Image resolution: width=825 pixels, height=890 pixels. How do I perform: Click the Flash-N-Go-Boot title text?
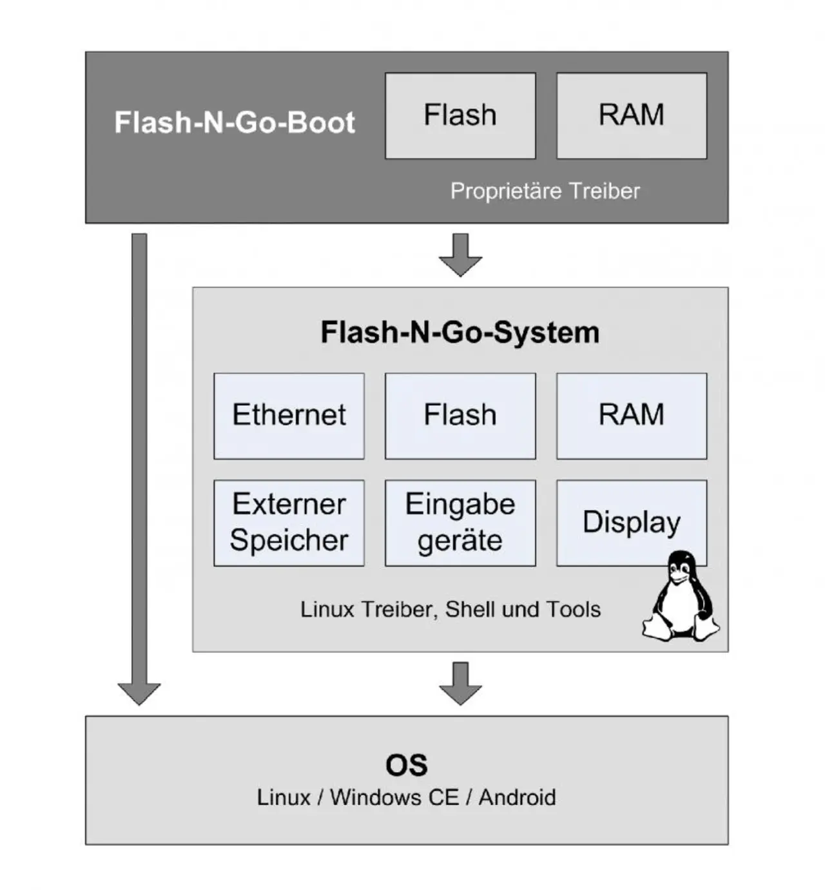(x=234, y=122)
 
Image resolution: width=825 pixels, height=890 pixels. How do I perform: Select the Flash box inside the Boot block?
(x=460, y=115)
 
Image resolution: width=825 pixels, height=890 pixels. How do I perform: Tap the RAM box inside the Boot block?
(x=631, y=115)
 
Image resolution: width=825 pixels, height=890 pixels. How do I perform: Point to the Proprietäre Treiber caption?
(x=545, y=191)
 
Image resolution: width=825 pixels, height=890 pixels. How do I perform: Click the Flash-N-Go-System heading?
(x=460, y=333)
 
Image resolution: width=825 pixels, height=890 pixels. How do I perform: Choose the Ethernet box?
(x=289, y=416)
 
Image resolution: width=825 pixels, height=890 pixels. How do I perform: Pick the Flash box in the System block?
(x=460, y=416)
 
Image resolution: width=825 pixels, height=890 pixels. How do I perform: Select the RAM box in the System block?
(x=631, y=416)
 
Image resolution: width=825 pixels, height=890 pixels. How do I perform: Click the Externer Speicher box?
(x=289, y=523)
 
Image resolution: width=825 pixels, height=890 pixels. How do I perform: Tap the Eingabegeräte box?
(x=460, y=523)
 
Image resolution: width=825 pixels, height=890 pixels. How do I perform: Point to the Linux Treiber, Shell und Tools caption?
(x=450, y=609)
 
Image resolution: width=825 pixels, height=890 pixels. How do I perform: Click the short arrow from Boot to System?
(x=460, y=255)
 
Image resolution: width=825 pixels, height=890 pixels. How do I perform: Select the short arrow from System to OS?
(x=460, y=683)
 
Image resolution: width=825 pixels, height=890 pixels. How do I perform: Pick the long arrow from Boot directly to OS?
(x=139, y=464)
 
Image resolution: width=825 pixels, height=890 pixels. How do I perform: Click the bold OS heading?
(x=406, y=765)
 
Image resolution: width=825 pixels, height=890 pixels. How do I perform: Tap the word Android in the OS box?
(x=517, y=797)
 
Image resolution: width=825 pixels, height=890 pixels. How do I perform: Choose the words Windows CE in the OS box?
(x=394, y=797)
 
